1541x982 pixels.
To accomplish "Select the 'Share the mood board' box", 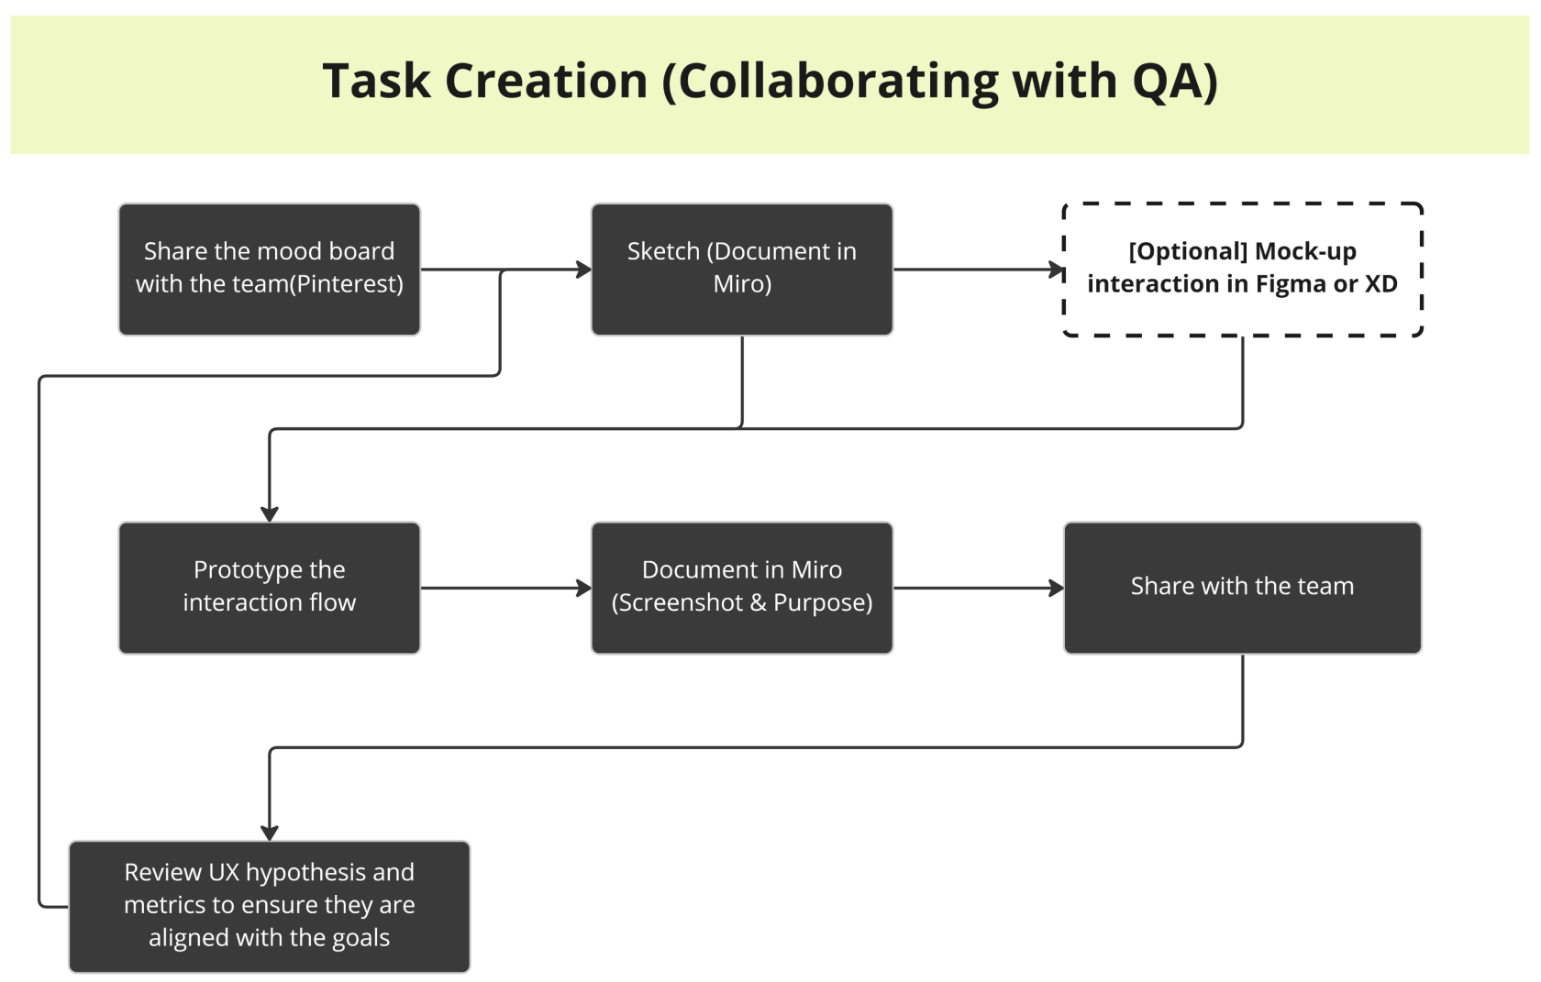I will (x=269, y=269).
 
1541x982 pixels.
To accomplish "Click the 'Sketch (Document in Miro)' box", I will (x=741, y=269).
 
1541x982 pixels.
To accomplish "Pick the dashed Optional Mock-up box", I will (x=1242, y=269).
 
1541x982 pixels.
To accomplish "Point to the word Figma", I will (x=1292, y=284).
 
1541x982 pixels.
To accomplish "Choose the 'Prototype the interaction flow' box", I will (x=269, y=587).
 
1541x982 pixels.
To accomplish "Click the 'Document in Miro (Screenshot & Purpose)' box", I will (x=741, y=587).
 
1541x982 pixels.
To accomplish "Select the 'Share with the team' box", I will (x=1242, y=587).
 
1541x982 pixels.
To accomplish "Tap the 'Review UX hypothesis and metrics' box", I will (x=269, y=905).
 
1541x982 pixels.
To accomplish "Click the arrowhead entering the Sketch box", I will (x=583, y=270).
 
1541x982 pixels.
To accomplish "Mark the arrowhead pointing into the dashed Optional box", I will (x=1056, y=270).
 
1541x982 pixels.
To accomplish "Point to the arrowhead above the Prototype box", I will (x=270, y=513).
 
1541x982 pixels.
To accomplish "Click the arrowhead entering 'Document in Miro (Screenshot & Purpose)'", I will (x=583, y=588).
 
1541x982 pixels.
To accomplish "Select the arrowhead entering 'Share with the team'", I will (x=1056, y=588).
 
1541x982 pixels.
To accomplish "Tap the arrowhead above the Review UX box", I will (x=270, y=833).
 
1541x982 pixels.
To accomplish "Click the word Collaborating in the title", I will (x=837, y=80).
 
